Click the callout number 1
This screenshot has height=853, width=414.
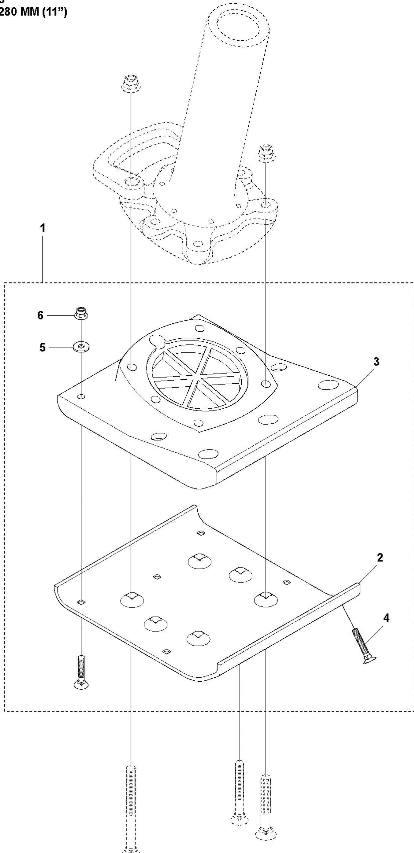pyautogui.click(x=42, y=228)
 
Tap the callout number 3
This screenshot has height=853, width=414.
pyautogui.click(x=376, y=362)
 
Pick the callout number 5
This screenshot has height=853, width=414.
pyautogui.click(x=42, y=348)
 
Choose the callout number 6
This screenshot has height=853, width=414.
pyautogui.click(x=40, y=315)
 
